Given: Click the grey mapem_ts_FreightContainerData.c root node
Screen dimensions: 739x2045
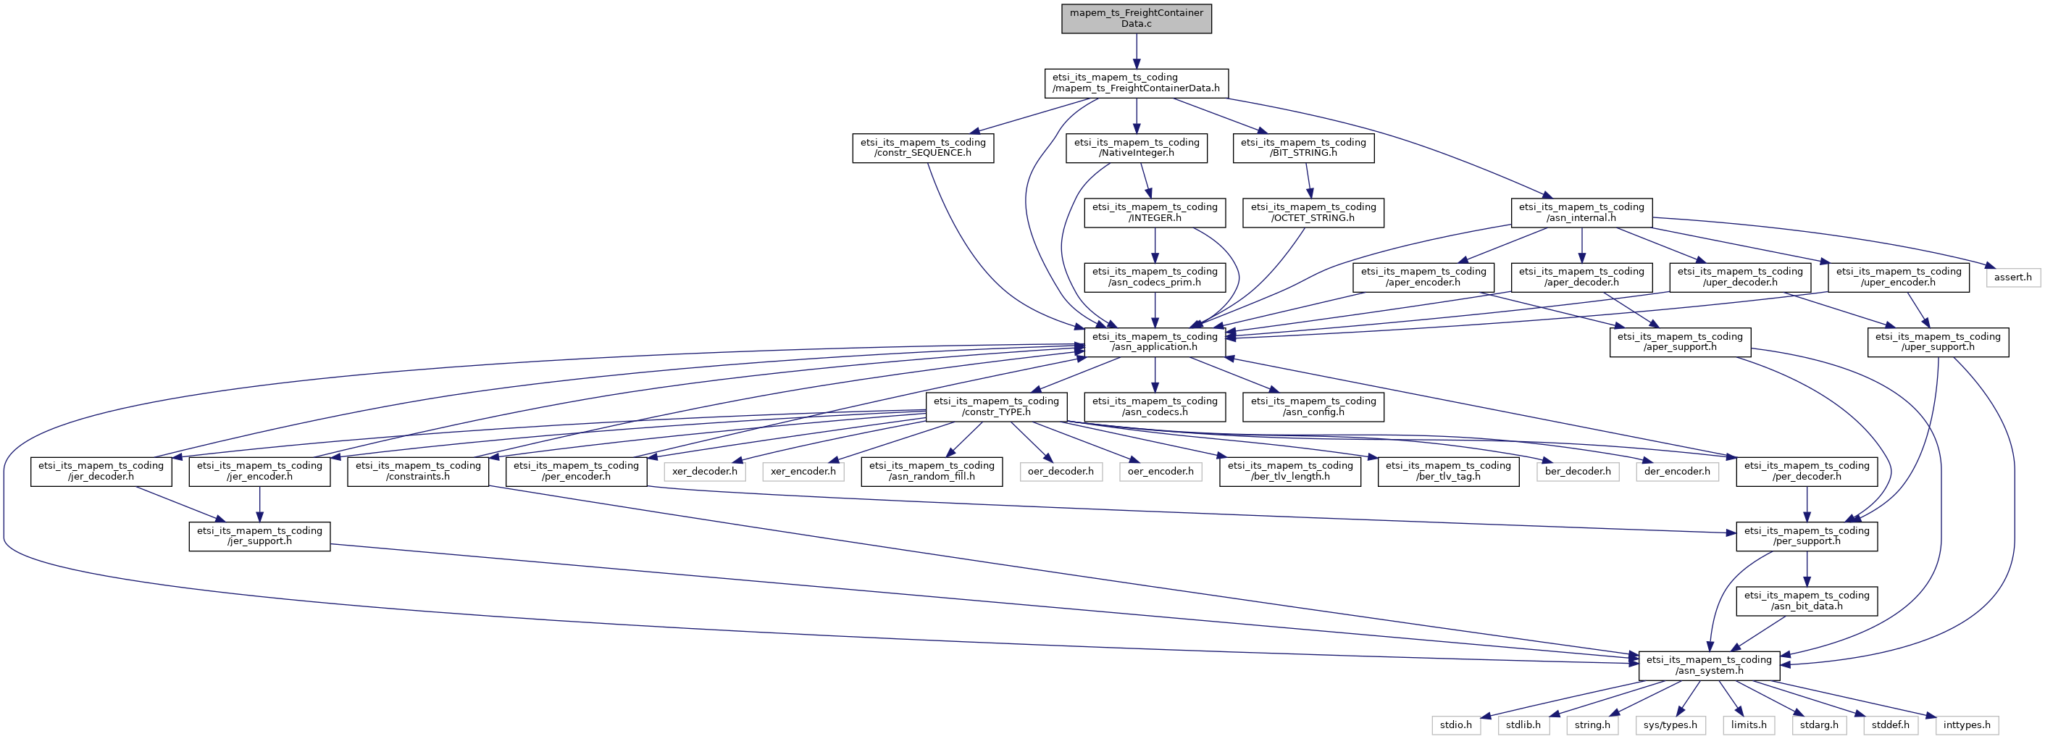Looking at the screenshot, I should click(1136, 18).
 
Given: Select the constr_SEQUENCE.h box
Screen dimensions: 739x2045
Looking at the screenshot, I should click(922, 148).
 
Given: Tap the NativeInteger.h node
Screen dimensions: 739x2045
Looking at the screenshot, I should click(1136, 148).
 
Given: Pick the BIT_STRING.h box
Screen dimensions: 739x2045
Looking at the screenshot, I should click(1302, 148).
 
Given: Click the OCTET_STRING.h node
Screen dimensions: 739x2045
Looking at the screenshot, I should click(1313, 213).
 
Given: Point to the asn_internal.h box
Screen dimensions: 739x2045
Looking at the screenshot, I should click(1581, 213).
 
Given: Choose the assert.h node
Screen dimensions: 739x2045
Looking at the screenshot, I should click(2012, 277).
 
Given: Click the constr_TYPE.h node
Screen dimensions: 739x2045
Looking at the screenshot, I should click(995, 406).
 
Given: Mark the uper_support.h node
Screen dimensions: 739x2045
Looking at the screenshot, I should click(1938, 341).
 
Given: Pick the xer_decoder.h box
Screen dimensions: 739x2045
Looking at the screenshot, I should click(704, 472).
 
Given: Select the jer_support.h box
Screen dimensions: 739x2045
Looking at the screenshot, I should click(259, 536).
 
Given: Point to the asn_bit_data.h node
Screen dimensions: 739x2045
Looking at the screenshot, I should click(1806, 601).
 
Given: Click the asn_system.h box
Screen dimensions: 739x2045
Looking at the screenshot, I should click(1708, 665).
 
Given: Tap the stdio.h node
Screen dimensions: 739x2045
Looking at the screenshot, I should click(1456, 725).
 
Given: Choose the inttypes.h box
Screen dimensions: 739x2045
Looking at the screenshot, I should click(1967, 725).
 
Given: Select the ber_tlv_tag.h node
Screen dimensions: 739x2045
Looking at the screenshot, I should click(1448, 472).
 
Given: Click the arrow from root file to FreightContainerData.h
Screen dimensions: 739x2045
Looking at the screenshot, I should click(1136, 51).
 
